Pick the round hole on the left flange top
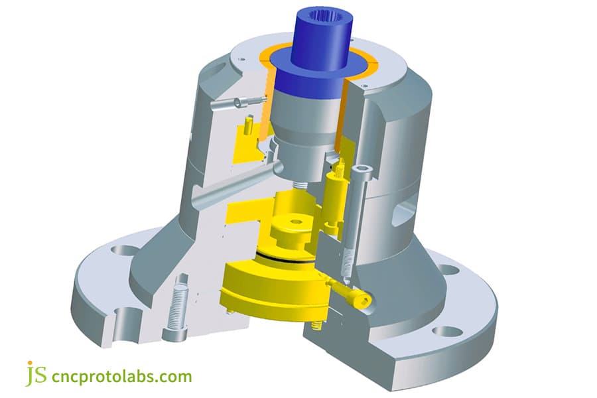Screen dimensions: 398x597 pos(122,251)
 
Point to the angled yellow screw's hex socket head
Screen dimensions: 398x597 pos(362,300)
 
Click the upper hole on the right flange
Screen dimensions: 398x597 pos(448,269)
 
